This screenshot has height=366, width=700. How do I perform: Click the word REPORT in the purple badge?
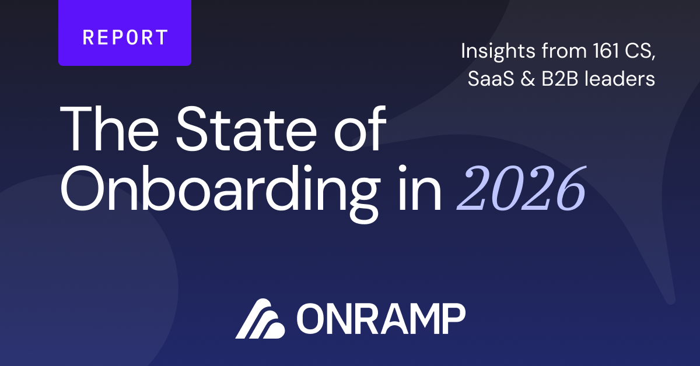coord(125,37)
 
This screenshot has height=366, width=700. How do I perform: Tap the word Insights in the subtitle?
coord(498,51)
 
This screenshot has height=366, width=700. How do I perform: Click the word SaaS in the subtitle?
coord(491,78)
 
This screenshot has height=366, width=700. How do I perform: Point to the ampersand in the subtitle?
coord(527,78)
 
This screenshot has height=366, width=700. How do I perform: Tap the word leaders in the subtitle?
coord(619,78)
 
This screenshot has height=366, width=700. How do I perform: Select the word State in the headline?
coord(247,129)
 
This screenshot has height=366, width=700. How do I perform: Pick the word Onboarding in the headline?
coord(220,193)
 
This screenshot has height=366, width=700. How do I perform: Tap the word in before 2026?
coord(419,188)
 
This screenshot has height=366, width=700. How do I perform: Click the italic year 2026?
coord(521,188)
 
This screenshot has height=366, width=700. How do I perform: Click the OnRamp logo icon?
coord(260,319)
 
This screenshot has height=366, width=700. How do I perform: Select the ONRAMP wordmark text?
coord(381,319)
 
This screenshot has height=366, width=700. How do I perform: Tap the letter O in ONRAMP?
coord(310,319)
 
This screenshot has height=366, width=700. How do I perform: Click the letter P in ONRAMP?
coord(454,319)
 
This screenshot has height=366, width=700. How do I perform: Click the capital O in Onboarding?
coord(82,189)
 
